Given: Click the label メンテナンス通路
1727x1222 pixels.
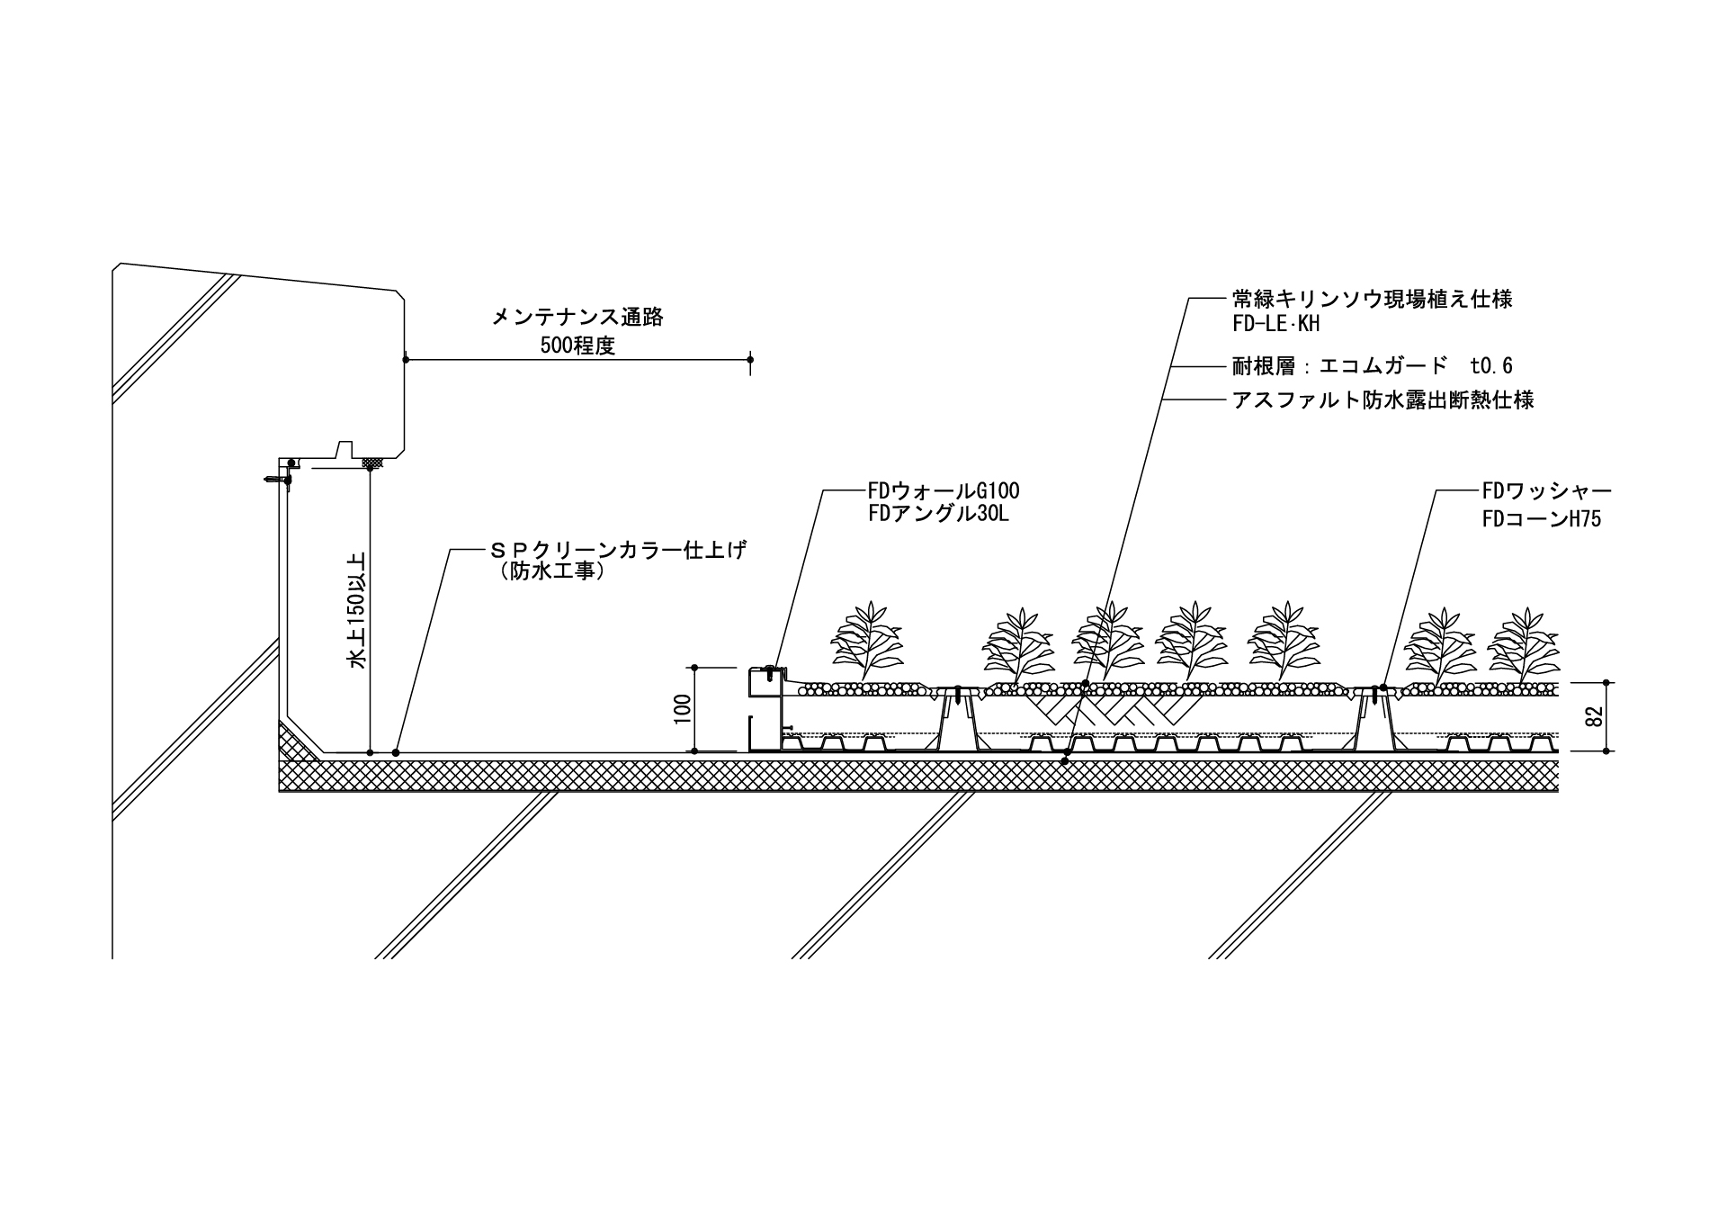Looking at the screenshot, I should click(577, 317).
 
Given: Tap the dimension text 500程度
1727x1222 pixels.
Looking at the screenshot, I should click(577, 346).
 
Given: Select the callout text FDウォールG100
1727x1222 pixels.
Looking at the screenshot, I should click(943, 491).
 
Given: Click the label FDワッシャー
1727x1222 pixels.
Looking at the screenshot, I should click(1546, 491).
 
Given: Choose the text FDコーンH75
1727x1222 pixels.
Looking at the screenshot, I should click(1541, 519).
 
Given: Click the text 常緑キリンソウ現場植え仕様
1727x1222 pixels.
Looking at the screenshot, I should click(1372, 299).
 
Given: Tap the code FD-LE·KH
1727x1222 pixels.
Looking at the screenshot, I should click(1275, 324).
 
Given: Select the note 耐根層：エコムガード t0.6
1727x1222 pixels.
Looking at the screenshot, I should click(1372, 365).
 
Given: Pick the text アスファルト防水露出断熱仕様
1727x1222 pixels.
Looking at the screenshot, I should click(1382, 400).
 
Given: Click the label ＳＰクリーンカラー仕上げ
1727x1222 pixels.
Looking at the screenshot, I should click(617, 550).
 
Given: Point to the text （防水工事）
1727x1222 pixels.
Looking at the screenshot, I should click(550, 572).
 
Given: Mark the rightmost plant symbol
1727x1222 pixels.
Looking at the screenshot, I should click(1524, 644).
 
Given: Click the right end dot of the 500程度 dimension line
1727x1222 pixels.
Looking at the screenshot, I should click(750, 360).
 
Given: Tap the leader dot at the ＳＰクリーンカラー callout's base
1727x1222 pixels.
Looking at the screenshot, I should click(397, 752).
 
